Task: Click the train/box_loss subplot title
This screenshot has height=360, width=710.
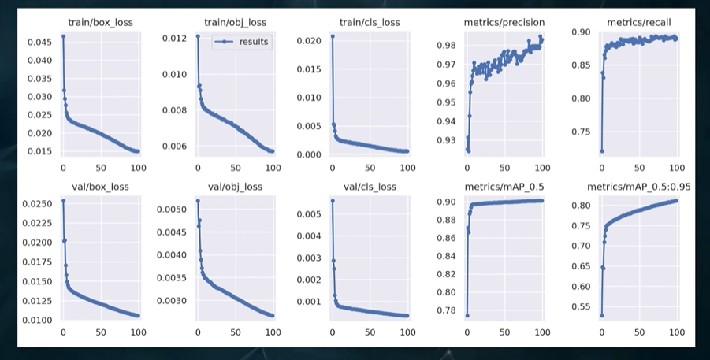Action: click(101, 22)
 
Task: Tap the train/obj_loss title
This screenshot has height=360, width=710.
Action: click(235, 22)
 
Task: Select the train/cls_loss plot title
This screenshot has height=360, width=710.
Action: click(370, 22)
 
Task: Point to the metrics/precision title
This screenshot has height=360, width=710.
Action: click(504, 22)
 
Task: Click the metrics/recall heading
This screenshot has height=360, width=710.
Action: click(639, 22)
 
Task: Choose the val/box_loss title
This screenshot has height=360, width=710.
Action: click(101, 187)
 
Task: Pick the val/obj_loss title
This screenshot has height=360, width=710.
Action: click(235, 187)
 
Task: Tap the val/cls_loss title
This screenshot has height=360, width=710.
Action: click(370, 187)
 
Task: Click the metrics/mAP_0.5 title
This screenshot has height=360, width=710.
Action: click(504, 187)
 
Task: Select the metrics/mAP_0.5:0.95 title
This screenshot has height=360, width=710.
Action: click(639, 187)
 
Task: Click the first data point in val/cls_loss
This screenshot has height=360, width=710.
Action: click(333, 201)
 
